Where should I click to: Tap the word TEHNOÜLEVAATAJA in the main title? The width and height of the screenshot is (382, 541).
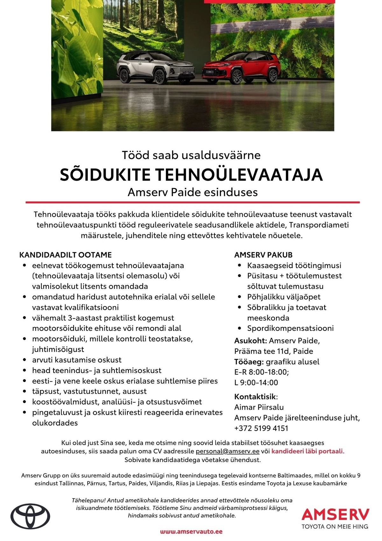(x=239, y=175)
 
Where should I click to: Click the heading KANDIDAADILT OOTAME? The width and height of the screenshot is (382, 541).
(x=66, y=255)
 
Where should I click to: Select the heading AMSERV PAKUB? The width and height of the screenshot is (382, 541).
(x=263, y=255)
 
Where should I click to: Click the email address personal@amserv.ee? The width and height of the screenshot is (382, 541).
(x=228, y=451)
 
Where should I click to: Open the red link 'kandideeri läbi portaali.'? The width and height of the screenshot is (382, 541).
(x=308, y=451)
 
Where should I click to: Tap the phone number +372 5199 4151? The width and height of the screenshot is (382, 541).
(x=261, y=428)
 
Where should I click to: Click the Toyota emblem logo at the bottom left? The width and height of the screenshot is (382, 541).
(x=30, y=516)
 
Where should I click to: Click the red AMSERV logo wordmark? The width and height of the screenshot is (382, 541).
(x=335, y=514)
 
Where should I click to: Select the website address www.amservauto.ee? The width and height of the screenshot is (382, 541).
(x=191, y=531)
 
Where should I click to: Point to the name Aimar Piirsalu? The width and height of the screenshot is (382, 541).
(x=259, y=407)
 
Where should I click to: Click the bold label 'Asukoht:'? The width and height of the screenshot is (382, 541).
(x=251, y=340)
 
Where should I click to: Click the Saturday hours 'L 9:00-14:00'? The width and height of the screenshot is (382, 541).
(x=256, y=383)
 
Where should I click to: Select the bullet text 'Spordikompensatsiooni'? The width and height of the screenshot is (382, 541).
(x=290, y=328)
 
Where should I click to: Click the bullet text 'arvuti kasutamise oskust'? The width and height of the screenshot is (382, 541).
(x=77, y=360)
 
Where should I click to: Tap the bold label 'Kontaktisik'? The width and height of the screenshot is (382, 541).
(x=255, y=397)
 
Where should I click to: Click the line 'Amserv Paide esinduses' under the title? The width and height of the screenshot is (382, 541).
(x=193, y=192)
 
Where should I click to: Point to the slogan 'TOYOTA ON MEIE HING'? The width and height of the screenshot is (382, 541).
(x=335, y=526)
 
